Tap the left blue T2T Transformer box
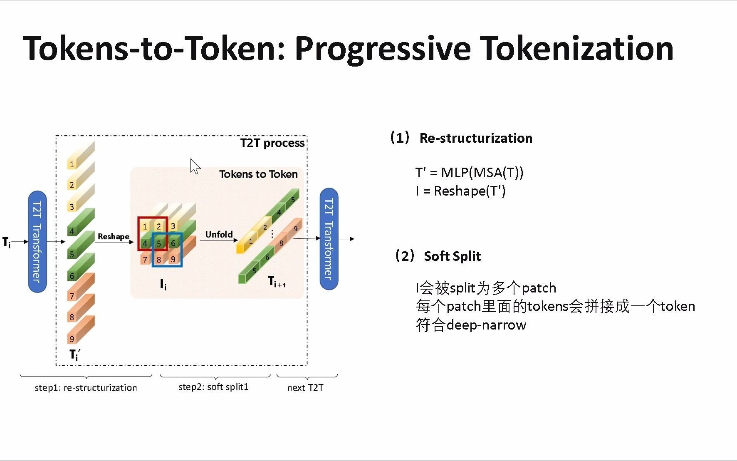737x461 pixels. tap(37, 241)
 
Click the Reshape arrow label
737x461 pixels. tap(113, 236)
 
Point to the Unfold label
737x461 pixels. tap(219, 234)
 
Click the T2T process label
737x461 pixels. tap(272, 143)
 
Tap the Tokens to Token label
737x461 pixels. tap(258, 174)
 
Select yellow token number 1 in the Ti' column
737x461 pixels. tap(72, 164)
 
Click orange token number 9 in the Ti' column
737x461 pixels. tap(72, 339)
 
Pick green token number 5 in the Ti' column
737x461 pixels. tap(72, 254)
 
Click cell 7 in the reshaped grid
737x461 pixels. tap(145, 260)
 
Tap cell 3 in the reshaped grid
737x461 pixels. tap(173, 226)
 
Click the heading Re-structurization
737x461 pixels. tap(475, 138)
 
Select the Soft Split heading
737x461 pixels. tap(452, 256)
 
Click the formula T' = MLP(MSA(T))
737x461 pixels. tap(469, 172)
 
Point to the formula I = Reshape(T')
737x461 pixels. tap(460, 191)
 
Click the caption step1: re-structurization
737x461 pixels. tap(86, 387)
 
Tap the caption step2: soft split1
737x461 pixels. tap(213, 387)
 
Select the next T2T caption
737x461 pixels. tap(305, 387)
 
